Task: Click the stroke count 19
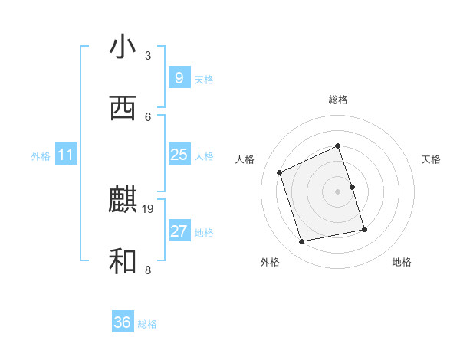point(149,208)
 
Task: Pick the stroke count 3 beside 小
point(148,56)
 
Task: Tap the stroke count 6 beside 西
point(148,116)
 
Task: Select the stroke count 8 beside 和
point(148,270)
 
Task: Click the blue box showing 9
point(179,77)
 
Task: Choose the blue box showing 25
point(179,155)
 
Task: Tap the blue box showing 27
point(179,231)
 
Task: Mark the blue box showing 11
point(66,155)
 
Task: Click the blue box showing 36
point(123,322)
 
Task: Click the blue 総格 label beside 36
point(147,324)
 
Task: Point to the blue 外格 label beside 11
point(41,156)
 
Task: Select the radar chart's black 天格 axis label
point(431,159)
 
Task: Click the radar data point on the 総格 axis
point(337,146)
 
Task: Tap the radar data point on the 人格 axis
point(280,172)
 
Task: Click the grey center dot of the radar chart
point(337,191)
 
